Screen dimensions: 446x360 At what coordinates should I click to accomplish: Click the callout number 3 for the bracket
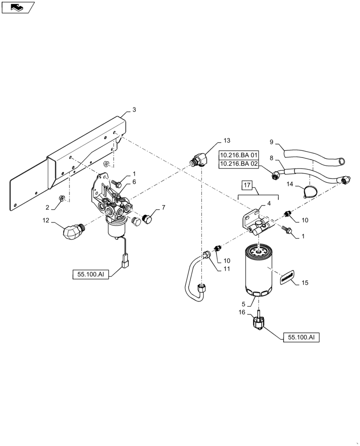(x=134, y=110)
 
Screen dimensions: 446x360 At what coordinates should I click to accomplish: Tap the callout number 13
(x=227, y=140)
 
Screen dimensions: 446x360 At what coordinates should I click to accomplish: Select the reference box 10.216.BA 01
(x=238, y=155)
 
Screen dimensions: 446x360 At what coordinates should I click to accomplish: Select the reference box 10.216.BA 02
(x=238, y=164)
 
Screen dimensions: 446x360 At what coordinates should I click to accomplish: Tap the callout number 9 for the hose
(x=272, y=143)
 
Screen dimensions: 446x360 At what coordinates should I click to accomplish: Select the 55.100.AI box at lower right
(x=301, y=338)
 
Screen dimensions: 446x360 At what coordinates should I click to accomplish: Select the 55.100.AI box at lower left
(x=90, y=273)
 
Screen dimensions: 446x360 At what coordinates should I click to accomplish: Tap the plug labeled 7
(x=148, y=218)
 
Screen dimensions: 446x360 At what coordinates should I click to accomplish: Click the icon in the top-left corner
(x=17, y=7)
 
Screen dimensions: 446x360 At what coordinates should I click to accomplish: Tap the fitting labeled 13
(x=196, y=160)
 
